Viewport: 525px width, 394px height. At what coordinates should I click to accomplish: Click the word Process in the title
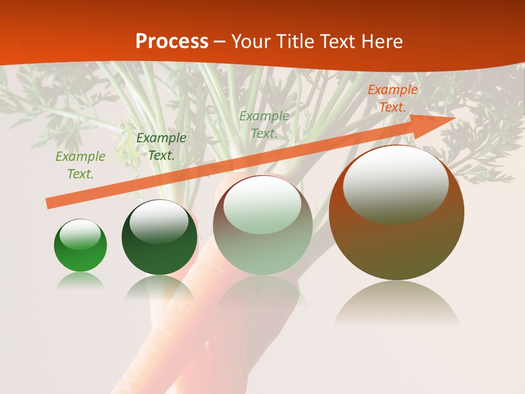pos(172,42)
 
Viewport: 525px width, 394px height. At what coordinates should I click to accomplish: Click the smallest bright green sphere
pos(80,245)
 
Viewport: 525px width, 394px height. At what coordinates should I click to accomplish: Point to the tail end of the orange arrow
pos(48,204)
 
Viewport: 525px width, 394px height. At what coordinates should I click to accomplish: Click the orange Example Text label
pos(392,99)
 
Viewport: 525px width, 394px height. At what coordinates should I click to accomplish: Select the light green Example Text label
pos(80,165)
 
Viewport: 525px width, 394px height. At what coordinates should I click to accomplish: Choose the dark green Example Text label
pos(161,146)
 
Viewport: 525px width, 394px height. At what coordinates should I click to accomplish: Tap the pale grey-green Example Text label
pos(264,124)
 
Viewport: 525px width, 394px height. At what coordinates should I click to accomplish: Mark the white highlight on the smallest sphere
pos(80,234)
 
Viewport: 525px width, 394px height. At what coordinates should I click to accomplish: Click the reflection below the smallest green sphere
pos(80,281)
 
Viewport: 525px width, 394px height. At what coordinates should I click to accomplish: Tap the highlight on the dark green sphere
pos(159,222)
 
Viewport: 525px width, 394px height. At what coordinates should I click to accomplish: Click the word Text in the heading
pos(340,42)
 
